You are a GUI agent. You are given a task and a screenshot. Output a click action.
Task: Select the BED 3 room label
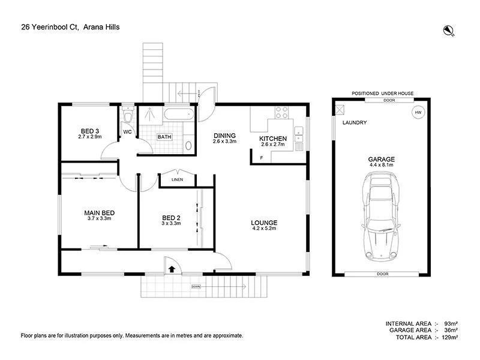[90, 131]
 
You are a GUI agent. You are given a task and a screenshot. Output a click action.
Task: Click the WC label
[128, 131]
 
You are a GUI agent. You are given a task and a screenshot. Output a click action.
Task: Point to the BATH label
[164, 137]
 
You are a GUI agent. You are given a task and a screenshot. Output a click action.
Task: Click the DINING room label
[225, 136]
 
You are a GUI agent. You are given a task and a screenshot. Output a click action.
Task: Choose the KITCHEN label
[273, 139]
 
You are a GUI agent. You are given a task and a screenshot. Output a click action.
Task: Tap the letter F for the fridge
[262, 158]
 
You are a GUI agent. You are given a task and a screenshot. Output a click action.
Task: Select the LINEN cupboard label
[178, 179]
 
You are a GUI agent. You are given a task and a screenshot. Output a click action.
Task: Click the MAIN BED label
[99, 212]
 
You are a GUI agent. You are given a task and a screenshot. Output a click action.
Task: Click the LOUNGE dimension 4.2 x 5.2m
[264, 229]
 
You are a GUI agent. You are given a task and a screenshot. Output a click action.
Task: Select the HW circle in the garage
[417, 112]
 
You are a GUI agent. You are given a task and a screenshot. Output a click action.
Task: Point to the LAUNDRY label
[354, 123]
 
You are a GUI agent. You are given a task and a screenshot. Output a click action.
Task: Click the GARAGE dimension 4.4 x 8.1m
[381, 165]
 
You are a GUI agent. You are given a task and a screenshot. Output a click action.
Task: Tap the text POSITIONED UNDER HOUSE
[382, 94]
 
